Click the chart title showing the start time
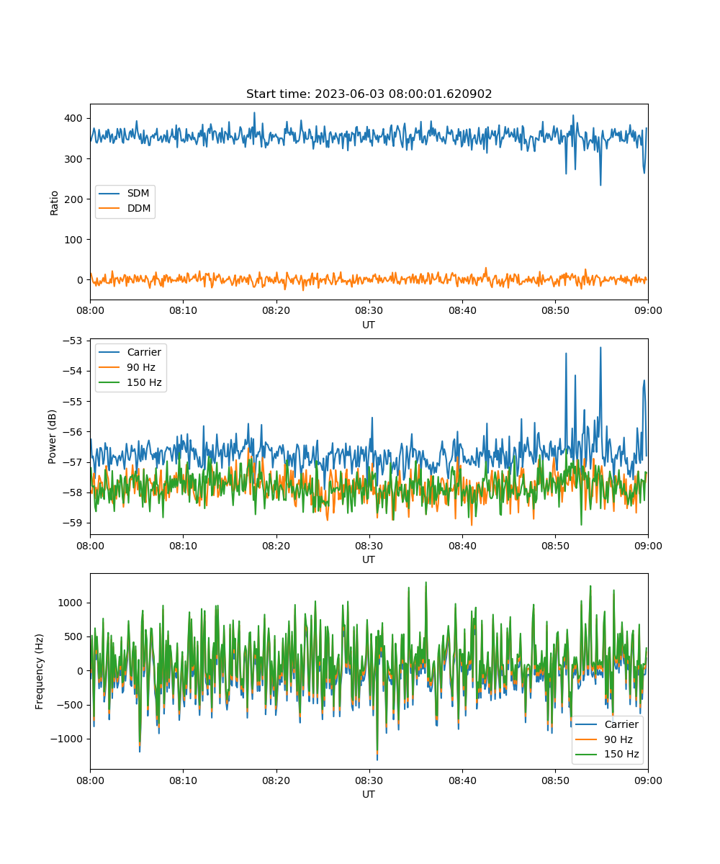369,94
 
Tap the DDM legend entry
125,208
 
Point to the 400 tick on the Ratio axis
73,118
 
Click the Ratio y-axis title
54,203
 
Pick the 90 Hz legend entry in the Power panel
127,367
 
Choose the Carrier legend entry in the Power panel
130,352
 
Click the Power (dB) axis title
52,436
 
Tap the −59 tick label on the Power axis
73,523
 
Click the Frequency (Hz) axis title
40,671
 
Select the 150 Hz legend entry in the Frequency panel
607,754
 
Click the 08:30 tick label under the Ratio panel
369,310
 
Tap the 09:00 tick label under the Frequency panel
648,780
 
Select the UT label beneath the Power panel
368,559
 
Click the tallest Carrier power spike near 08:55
600,348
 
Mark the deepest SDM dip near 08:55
600,184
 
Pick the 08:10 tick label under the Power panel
184,546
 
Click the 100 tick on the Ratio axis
73,240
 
